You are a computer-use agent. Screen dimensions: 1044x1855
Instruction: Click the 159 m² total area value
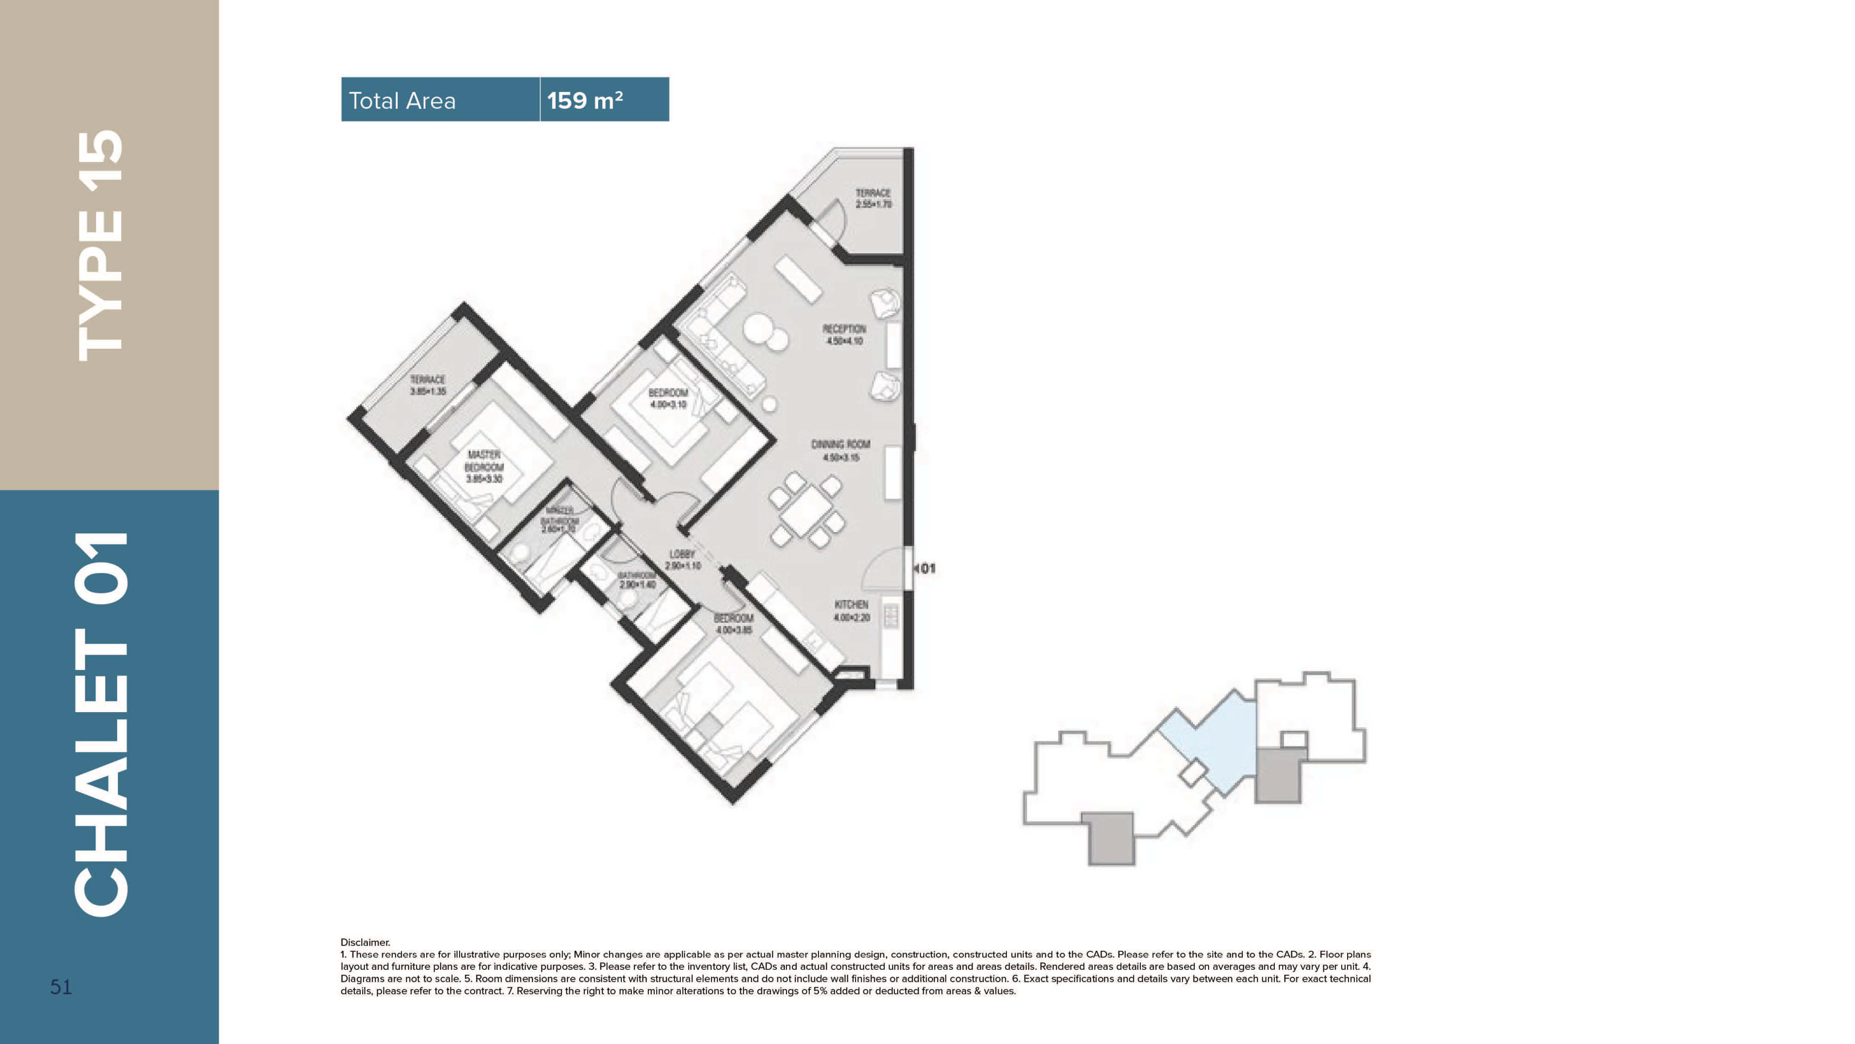585,100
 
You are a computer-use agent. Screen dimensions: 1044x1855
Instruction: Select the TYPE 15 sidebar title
101,245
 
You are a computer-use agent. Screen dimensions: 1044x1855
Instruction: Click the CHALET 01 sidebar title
101,724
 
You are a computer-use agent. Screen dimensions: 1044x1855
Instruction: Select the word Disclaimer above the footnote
365,942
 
